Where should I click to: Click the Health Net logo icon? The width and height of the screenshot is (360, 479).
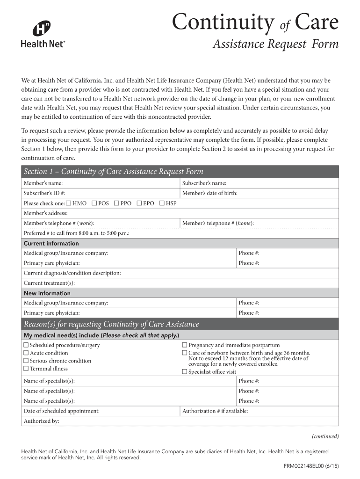tap(42, 29)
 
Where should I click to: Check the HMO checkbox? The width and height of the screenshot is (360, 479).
tap(69, 203)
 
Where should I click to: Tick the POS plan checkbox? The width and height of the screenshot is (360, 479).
tap(94, 203)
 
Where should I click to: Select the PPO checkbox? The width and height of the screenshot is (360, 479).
tap(116, 203)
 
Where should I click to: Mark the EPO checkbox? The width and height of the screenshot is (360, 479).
tap(139, 203)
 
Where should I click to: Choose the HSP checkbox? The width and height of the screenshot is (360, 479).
tap(162, 203)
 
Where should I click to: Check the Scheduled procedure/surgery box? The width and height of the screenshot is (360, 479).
tap(26, 345)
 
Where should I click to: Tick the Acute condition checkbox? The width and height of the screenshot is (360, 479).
tap(26, 353)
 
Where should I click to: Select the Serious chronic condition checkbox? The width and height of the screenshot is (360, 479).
tap(26, 361)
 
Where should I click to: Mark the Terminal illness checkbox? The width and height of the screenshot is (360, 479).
tap(26, 369)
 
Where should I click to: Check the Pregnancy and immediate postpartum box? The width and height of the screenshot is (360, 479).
tap(185, 345)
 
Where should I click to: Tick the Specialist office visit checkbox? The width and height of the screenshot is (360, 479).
tap(185, 372)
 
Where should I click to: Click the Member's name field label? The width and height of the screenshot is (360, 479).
tap(43, 183)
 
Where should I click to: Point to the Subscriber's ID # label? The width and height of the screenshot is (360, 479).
tap(44, 193)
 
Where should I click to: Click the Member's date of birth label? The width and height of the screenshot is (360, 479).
tap(209, 193)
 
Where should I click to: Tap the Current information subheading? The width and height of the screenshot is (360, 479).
tap(51, 243)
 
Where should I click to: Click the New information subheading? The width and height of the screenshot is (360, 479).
tap(47, 293)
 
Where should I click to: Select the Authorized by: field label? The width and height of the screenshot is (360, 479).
tap(41, 421)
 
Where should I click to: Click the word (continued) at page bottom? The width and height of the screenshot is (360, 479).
tap(325, 436)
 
